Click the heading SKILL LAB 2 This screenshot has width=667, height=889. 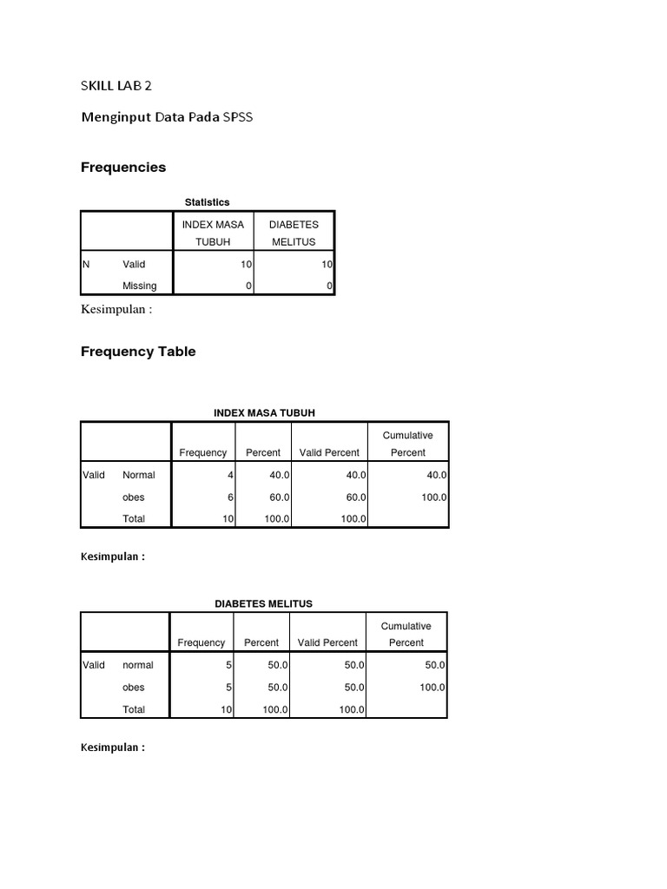[122, 85]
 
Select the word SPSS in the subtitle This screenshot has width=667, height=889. [238, 116]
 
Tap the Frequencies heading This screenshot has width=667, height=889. [123, 167]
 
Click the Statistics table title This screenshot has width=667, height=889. [207, 202]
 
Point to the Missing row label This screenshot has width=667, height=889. [140, 286]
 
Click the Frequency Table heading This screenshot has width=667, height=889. [138, 352]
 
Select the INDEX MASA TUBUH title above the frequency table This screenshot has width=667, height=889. [264, 412]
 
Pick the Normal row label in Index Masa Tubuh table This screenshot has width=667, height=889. [139, 475]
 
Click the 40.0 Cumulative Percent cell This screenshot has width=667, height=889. [437, 475]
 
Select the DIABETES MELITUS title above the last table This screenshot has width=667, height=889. [263, 603]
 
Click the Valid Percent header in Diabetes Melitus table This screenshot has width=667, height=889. [327, 642]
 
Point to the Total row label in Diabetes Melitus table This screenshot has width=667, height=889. [134, 709]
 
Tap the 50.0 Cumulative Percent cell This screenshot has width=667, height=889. [435, 665]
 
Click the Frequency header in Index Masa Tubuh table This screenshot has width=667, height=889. [203, 452]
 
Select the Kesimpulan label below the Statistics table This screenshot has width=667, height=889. [116, 310]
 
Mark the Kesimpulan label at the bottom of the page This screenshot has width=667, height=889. [113, 747]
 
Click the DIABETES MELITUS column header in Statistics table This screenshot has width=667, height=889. [294, 233]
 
